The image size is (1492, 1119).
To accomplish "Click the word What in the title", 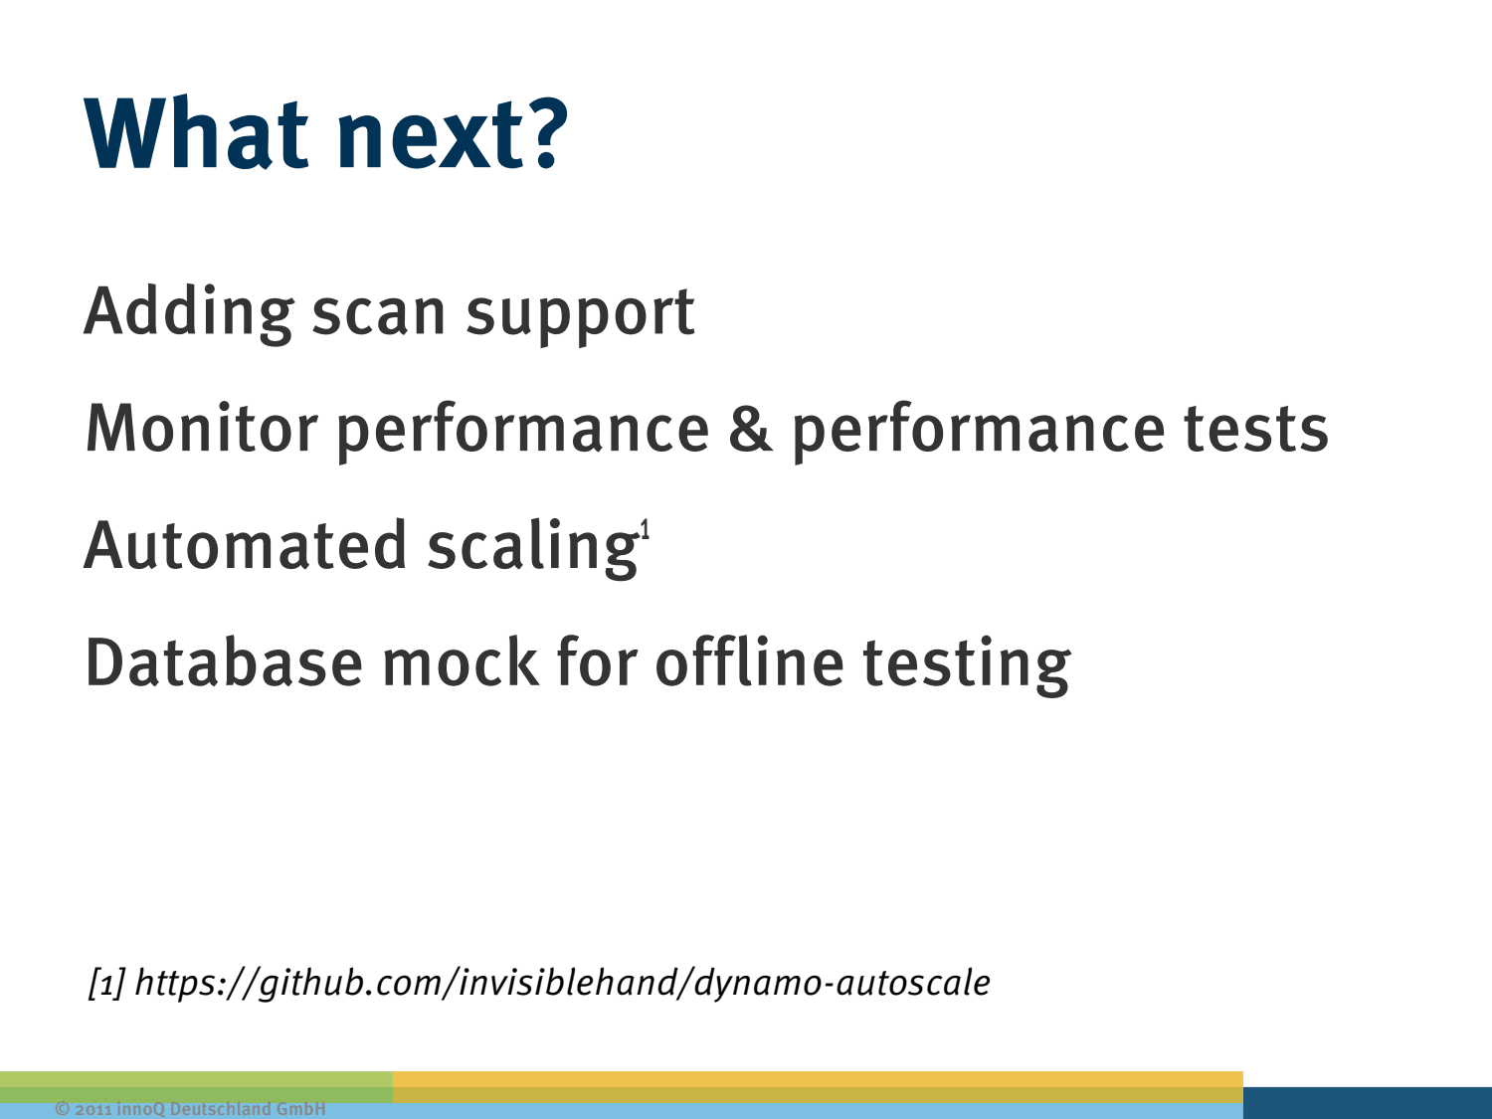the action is tap(196, 133).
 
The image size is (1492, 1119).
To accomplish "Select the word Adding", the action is tap(189, 314).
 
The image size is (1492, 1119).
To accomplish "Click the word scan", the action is tap(379, 314).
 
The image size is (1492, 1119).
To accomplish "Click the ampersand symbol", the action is tap(750, 429).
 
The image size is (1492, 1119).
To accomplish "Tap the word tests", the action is tap(1256, 429).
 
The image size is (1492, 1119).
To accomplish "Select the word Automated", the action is tap(246, 545).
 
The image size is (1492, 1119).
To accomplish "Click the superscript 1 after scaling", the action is tap(645, 528).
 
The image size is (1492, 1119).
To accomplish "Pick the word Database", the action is tap(224, 661).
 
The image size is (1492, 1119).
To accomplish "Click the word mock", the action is tap(462, 661).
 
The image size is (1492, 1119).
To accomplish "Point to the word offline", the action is tap(750, 661).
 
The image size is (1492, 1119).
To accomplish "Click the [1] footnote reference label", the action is tap(106, 983).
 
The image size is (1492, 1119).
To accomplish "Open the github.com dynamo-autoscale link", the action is tap(562, 983).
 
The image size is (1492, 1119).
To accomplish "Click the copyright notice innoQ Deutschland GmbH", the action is tap(190, 1109).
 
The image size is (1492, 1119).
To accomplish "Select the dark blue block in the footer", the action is tap(1368, 1103).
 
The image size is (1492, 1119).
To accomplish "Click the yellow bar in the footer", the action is tap(818, 1087).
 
